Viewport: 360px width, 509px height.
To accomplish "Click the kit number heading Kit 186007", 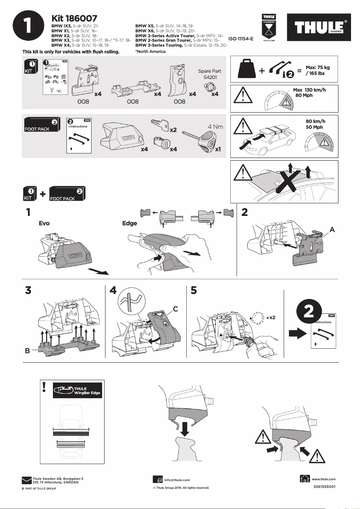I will pos(75,18).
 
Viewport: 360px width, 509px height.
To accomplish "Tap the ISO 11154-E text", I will pos(241,39).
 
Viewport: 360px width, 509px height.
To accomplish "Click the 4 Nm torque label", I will pos(215,127).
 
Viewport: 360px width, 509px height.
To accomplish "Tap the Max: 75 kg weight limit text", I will pos(318,70).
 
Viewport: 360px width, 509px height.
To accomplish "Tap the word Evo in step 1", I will pos(44,223).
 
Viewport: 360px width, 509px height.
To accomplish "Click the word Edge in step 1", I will pos(130,223).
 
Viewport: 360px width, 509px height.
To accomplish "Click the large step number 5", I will pos(194,290).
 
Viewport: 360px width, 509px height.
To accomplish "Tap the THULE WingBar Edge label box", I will pos(77,391).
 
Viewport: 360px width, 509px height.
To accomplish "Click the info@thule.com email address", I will pos(177,480).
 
